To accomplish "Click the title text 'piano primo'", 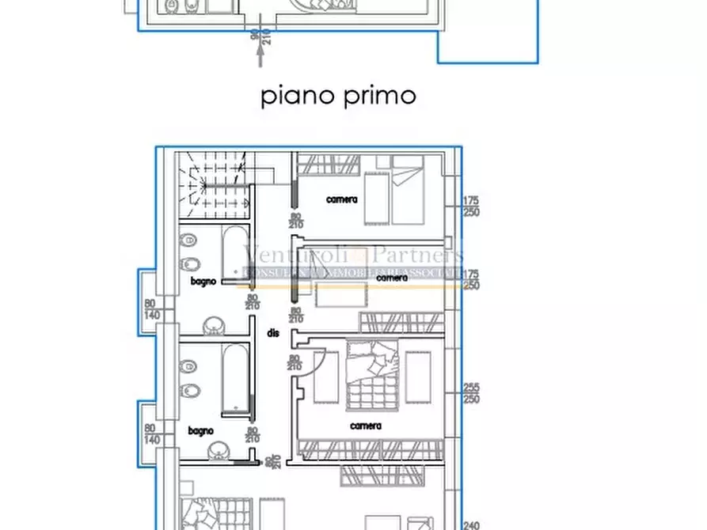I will (x=338, y=96).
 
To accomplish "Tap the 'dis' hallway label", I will (x=273, y=334).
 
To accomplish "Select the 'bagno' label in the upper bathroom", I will (x=203, y=281).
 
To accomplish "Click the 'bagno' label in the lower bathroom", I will (x=200, y=430).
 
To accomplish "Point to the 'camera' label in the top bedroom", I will (x=342, y=199).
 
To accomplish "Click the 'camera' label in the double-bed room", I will (x=365, y=426).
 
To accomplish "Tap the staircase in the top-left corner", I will (x=213, y=186).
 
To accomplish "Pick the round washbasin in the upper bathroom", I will (x=215, y=324).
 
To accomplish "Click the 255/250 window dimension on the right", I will (x=472, y=393).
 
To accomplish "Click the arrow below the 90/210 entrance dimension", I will (x=260, y=55).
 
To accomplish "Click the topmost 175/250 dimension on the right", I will (x=472, y=206).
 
